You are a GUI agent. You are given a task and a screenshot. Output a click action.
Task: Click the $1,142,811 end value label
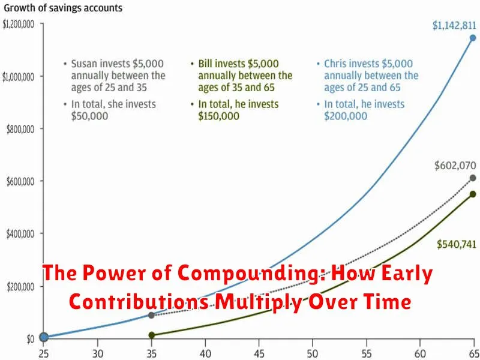pos(454,26)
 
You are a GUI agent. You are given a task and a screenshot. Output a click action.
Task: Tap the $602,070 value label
pos(455,166)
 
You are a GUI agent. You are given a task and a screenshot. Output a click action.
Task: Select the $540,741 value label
pos(457,244)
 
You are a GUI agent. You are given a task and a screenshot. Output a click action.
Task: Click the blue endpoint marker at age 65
pos(473,38)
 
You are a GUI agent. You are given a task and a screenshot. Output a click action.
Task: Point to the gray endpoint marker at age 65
pos(473,178)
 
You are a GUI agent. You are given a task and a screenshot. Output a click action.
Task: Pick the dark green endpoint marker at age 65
pos(473,194)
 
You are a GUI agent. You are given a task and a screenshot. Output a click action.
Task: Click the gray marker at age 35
pos(151,315)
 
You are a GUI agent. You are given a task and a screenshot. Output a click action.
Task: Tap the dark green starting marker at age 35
pos(151,335)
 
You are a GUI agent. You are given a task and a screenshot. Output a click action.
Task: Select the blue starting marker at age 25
pos(44,337)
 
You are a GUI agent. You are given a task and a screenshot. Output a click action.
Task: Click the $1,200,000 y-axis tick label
pos(22,24)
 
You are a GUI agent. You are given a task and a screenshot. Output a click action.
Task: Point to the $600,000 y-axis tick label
pos(25,182)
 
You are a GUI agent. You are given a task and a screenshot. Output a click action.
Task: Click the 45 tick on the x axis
pos(259,353)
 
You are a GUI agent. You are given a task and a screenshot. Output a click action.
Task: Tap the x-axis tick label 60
pos(419,353)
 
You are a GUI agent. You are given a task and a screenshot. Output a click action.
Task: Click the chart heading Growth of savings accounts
pos(63,8)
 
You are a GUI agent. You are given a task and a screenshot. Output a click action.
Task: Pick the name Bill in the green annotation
pos(205,64)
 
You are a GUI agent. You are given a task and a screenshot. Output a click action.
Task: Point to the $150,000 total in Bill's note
pos(218,116)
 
